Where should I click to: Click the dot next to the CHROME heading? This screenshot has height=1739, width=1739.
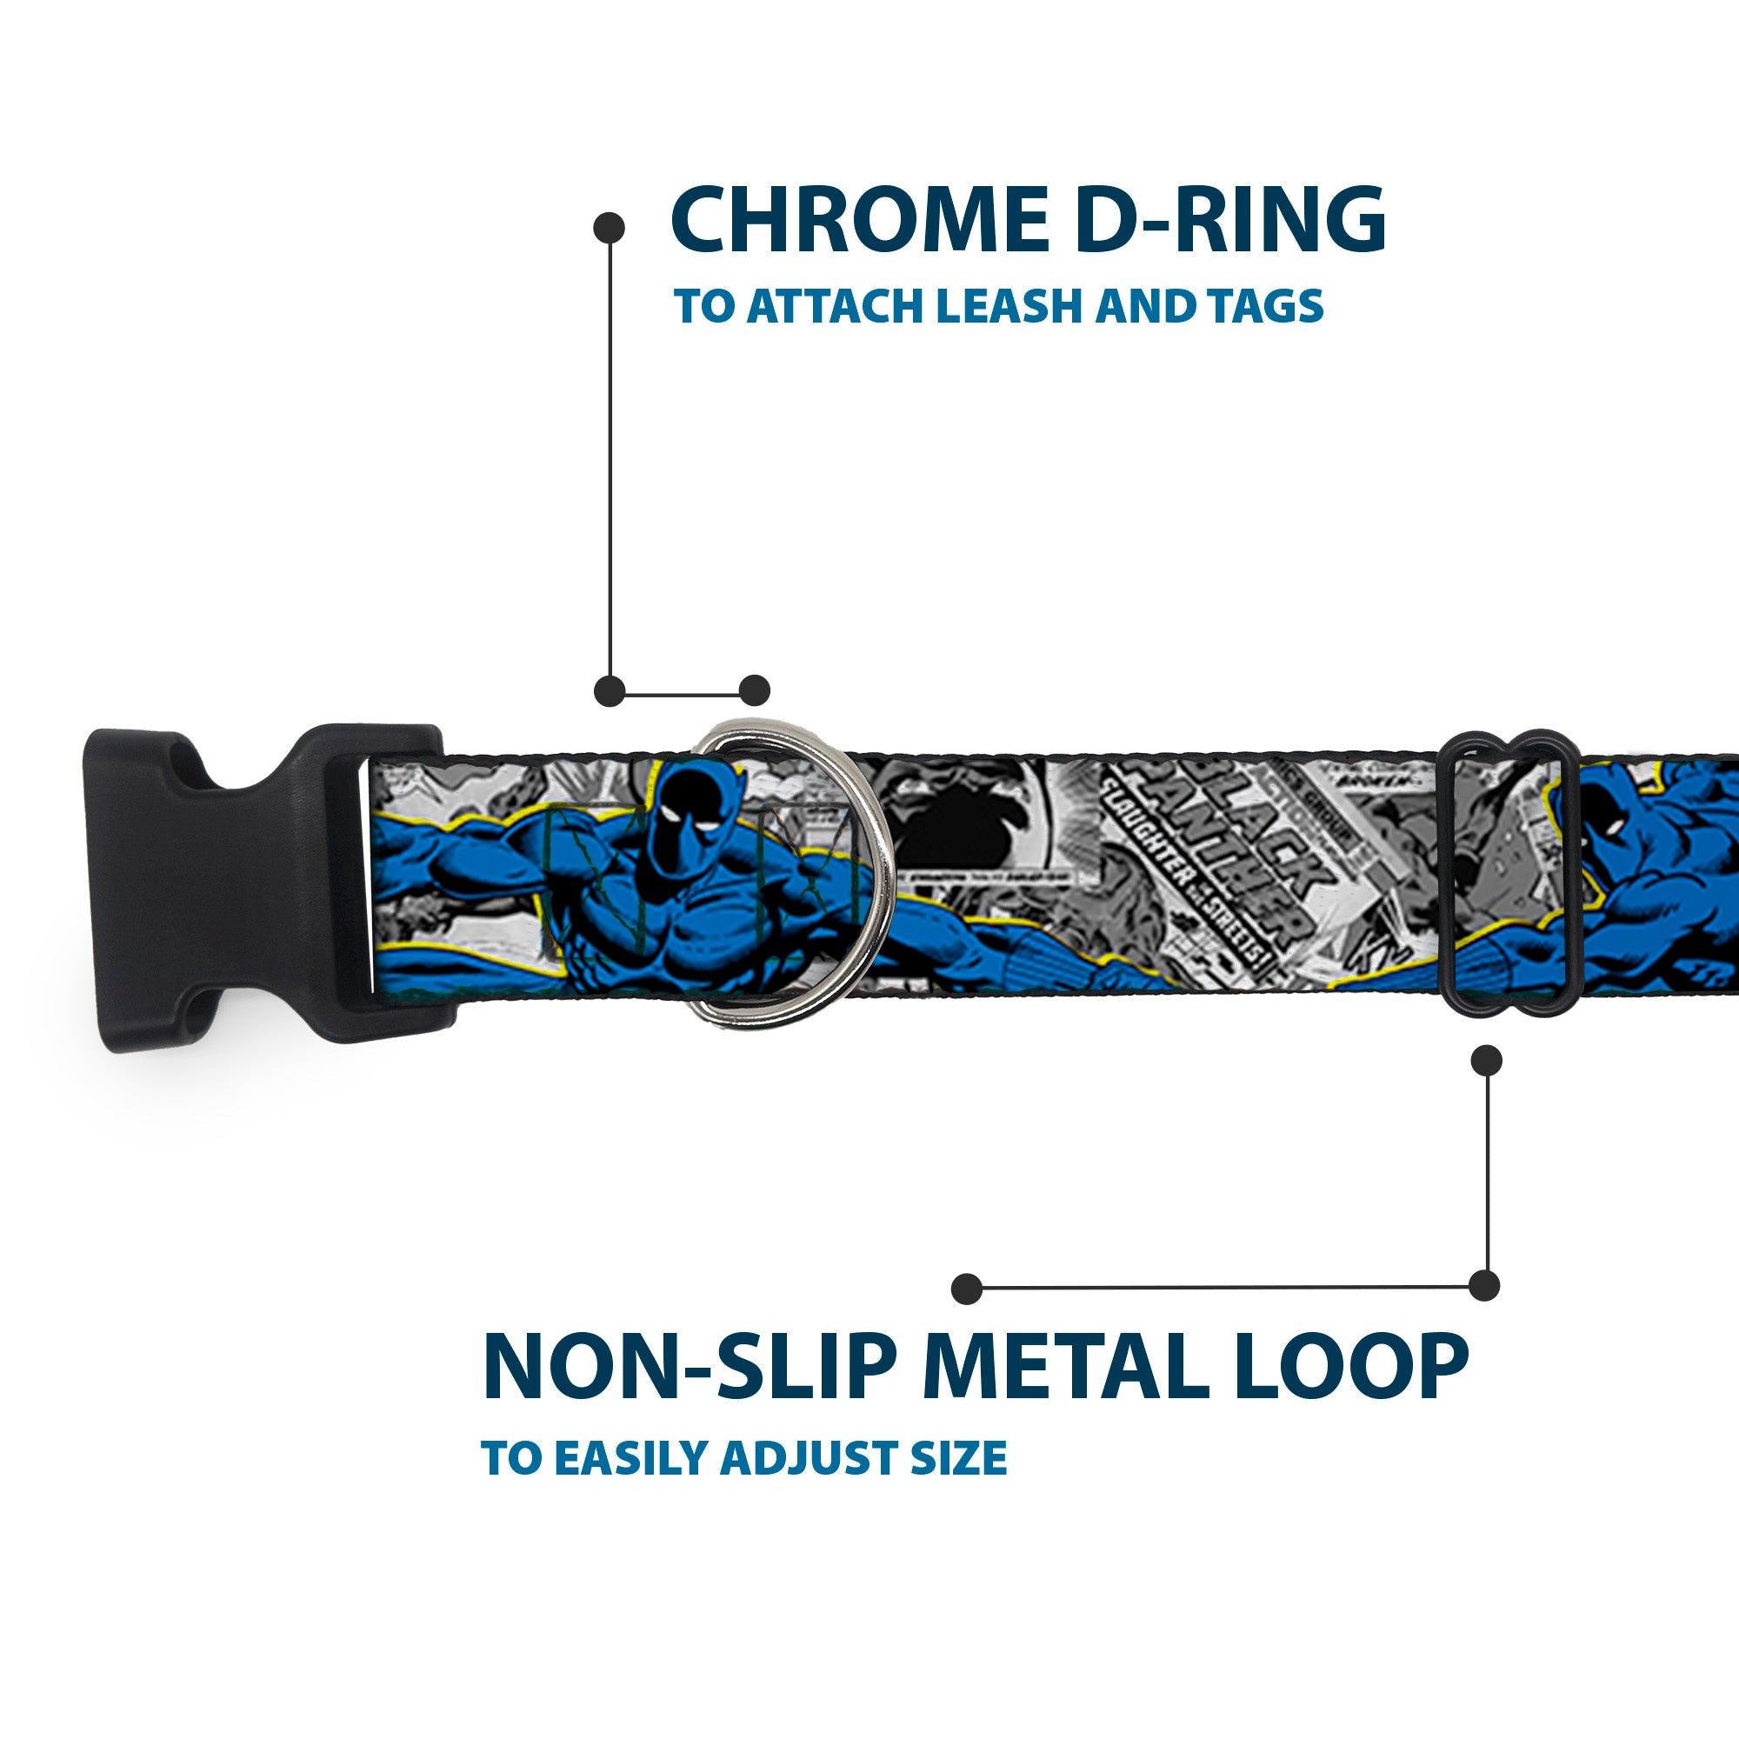pos(610,227)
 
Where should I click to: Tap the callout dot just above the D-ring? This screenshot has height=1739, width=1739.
pos(754,690)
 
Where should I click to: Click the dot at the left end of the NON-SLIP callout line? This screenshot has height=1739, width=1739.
pos(967,1288)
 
